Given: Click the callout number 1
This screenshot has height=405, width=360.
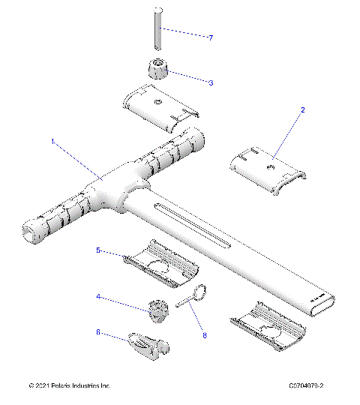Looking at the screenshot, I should click(x=52, y=140).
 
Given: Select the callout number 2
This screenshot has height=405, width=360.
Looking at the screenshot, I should click(x=303, y=109).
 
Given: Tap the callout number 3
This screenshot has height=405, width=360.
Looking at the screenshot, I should click(x=211, y=82).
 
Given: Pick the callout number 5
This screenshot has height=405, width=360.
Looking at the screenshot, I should click(x=97, y=250).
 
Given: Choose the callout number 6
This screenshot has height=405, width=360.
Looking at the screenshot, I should click(x=97, y=332).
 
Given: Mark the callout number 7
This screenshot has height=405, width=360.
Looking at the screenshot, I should click(x=211, y=37).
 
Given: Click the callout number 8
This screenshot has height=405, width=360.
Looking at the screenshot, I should click(x=203, y=336).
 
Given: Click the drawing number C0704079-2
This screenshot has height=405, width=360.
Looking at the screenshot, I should click(x=310, y=386).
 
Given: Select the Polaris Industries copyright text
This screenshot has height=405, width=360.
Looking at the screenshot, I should click(x=69, y=386).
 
